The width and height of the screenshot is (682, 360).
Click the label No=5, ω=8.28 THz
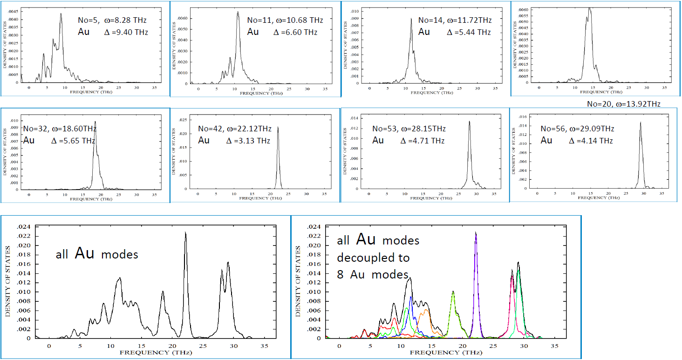click(x=112, y=20)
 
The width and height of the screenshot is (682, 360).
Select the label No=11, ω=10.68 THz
click(x=285, y=20)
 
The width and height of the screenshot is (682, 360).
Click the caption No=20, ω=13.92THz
click(x=624, y=104)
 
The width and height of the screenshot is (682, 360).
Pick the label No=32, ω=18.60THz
click(x=60, y=129)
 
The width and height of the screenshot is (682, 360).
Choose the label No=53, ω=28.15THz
click(x=409, y=129)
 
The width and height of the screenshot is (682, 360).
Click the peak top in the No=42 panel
click(x=278, y=127)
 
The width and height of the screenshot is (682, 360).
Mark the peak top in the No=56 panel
click(x=641, y=122)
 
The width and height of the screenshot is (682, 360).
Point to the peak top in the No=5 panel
click(x=61, y=14)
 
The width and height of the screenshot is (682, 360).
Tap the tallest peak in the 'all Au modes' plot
click(x=185, y=232)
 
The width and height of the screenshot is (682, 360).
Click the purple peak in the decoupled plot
click(x=476, y=233)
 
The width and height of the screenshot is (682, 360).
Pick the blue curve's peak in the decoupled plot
click(x=410, y=297)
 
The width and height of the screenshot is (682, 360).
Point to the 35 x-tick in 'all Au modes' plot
click(x=264, y=346)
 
